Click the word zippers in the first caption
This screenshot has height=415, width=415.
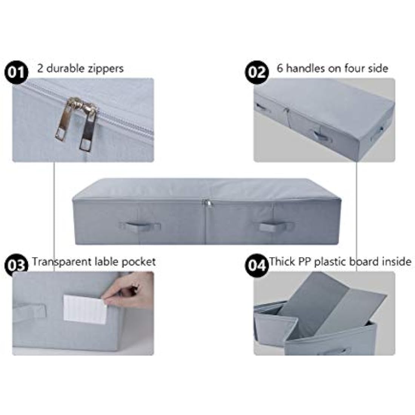105,69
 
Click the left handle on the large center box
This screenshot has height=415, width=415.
140,226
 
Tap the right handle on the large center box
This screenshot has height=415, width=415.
276,227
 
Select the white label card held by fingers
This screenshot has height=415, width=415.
85,309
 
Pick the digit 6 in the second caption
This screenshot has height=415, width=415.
280,68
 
